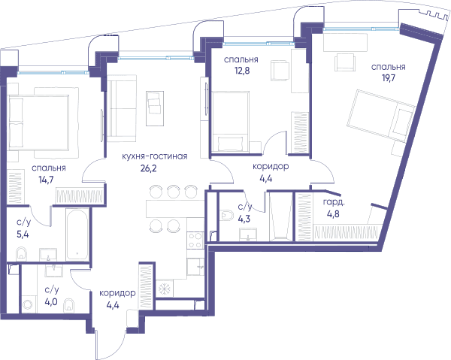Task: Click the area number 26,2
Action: click(148, 168)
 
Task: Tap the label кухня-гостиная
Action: click(155, 156)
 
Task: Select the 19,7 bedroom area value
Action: click(389, 78)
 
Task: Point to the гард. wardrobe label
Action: click(334, 202)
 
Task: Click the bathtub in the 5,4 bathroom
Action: click(77, 234)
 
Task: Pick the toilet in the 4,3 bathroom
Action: click(227, 216)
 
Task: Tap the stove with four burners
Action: click(195, 241)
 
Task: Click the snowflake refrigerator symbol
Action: click(165, 288)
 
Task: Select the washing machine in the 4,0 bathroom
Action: click(29, 304)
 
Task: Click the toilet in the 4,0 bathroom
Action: click(69, 304)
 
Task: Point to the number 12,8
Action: click(242, 71)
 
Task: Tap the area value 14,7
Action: click(46, 180)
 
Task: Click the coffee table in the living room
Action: click(155, 108)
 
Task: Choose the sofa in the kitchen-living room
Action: click(122, 108)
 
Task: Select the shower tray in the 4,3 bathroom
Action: click(280, 216)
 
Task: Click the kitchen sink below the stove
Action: click(195, 267)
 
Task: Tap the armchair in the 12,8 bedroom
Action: click(280, 71)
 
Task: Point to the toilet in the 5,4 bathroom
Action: click(22, 253)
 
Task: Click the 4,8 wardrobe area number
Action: click(333, 214)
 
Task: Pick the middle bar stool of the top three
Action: click(174, 192)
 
